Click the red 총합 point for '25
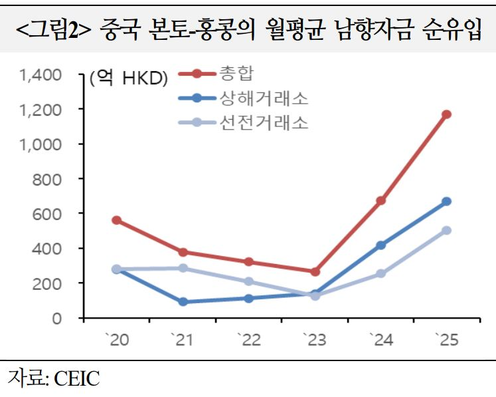coord(447,114)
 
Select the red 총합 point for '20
coord(116,220)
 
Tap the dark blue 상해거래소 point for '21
coord(183,302)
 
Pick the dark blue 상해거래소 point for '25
coord(447,201)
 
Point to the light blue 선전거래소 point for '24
coord(381,273)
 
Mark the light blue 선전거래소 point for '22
coord(248,281)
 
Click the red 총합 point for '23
coord(315,271)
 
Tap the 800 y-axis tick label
coord(48,179)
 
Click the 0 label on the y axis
coord(57,318)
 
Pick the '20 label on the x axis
coord(116,340)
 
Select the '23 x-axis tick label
coord(315,340)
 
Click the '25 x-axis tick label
coord(447,340)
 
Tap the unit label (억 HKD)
coord(129,78)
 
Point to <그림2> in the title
coord(54,30)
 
